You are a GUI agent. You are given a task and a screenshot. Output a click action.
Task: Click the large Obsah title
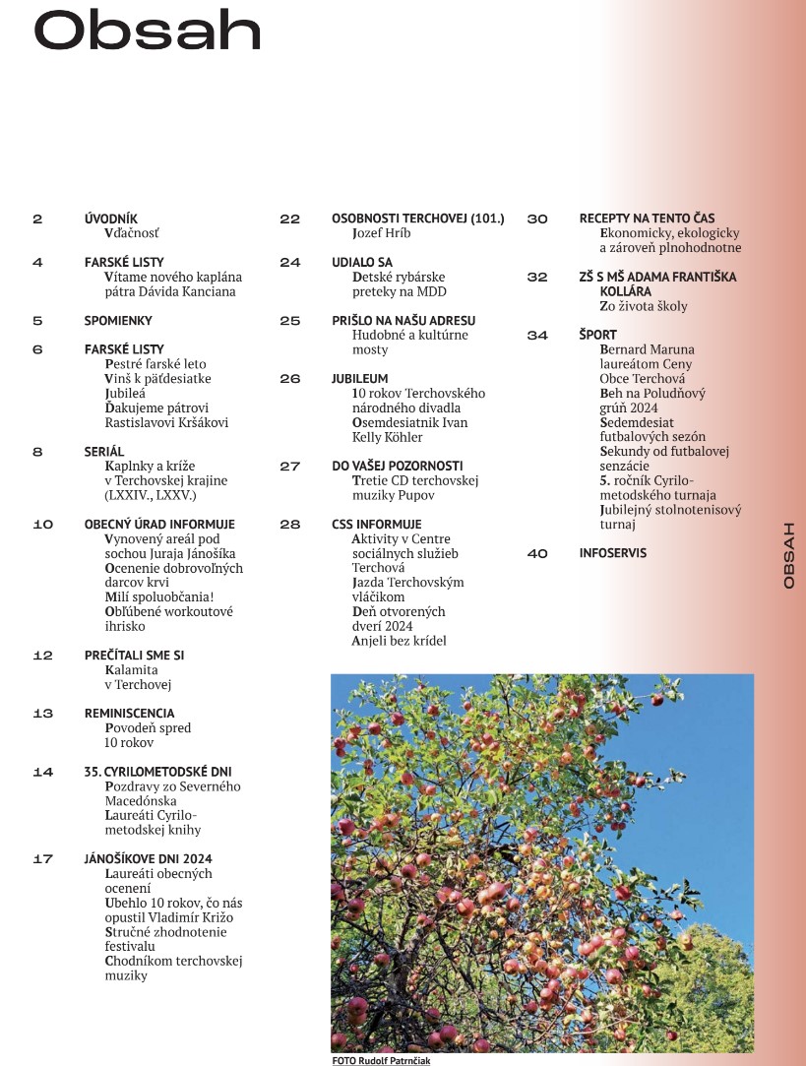tap(148, 32)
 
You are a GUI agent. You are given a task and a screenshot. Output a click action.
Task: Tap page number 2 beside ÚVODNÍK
tap(37, 219)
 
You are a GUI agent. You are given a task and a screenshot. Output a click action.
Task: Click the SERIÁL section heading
tap(104, 452)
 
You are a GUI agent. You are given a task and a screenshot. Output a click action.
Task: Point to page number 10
tap(42, 525)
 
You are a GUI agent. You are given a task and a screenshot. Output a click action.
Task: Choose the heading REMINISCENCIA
tap(130, 714)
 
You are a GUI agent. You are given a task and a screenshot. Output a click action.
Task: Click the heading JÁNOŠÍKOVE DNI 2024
tap(149, 859)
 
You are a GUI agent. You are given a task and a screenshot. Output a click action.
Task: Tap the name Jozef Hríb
tap(381, 233)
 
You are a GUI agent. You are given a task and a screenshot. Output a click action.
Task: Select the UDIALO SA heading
tap(362, 263)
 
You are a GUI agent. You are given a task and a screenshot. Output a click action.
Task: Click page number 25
tap(289, 321)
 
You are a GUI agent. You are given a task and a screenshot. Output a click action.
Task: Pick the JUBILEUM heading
tap(360, 379)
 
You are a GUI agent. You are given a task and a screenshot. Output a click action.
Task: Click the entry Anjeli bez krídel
tap(399, 641)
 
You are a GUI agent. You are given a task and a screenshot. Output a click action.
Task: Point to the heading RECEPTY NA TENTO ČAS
tap(647, 219)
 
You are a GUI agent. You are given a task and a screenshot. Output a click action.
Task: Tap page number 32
tap(536, 278)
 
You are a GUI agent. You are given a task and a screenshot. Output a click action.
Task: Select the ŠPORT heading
tap(598, 336)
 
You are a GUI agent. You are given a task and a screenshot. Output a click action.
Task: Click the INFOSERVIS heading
tap(613, 553)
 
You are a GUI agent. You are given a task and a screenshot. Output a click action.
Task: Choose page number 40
tap(536, 554)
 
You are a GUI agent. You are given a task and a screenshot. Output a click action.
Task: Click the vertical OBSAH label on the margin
tap(788, 556)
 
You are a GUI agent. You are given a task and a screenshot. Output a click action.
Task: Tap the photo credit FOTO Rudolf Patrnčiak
tap(381, 1060)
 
